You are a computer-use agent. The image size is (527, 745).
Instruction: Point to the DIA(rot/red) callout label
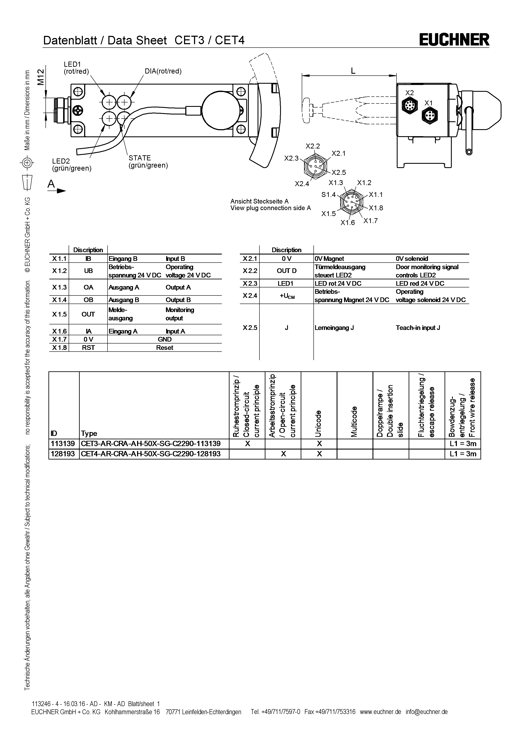click(163, 71)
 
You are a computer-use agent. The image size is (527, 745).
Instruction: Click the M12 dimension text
click(40, 77)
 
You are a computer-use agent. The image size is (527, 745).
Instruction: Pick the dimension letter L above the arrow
click(353, 71)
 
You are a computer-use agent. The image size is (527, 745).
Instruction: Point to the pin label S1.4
click(328, 195)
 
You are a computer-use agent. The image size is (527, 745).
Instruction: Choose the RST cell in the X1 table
click(88, 348)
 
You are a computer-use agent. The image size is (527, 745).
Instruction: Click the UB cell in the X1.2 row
click(88, 271)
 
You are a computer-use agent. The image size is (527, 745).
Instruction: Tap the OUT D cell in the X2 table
click(286, 271)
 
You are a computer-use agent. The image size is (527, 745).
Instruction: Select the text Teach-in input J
click(418, 328)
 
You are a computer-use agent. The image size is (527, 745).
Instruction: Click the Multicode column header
click(354, 421)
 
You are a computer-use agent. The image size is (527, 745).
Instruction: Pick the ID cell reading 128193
click(63, 454)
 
